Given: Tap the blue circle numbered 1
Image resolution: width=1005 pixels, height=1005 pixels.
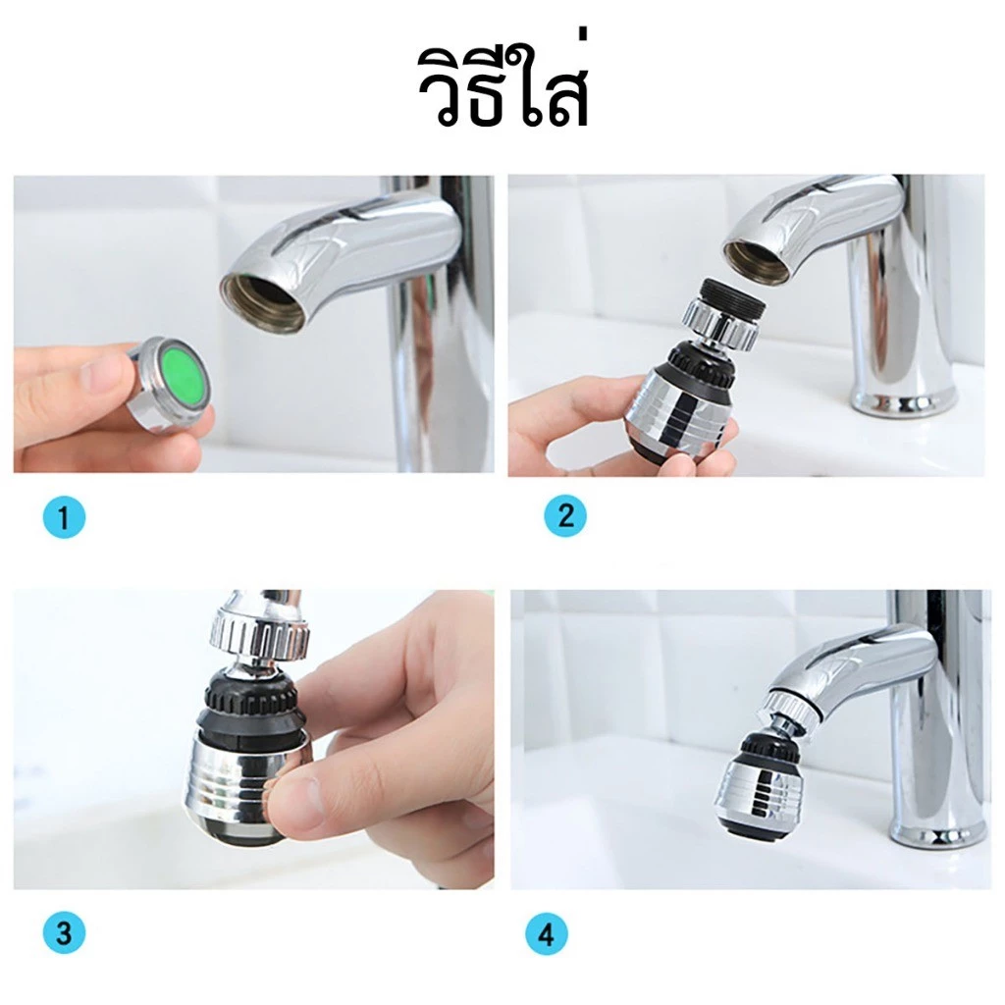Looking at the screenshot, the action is click(64, 516).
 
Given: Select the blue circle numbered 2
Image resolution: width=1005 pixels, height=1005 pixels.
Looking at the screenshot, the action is click(565, 515).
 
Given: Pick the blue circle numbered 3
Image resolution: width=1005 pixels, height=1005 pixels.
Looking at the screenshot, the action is click(64, 932).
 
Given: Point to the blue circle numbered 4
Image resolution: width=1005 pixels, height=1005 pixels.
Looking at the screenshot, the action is click(547, 934).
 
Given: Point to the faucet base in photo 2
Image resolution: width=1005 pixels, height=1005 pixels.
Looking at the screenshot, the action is click(904, 397).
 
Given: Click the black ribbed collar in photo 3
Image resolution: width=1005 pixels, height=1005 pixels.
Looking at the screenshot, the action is click(250, 703).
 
